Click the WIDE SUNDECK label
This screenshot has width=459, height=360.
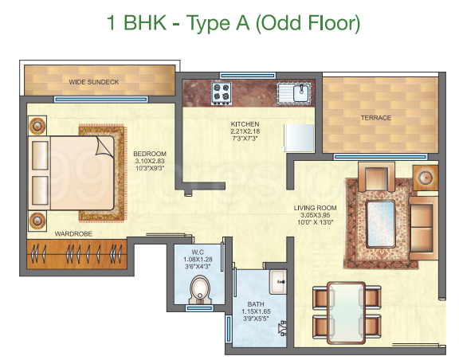coord(94,82)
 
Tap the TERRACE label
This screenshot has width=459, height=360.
coord(376,118)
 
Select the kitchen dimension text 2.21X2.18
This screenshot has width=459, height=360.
coord(245,131)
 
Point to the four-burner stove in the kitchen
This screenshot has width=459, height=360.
coord(222,94)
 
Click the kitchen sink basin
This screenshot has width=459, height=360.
coord(300,93)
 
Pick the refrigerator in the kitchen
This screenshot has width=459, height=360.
coord(299,138)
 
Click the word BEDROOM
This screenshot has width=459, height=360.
coord(150,154)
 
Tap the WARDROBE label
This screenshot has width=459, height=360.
coord(73,234)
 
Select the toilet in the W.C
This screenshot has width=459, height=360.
coord(200,290)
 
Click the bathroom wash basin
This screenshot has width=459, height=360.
coord(278,282)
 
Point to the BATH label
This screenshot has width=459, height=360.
coord(256,304)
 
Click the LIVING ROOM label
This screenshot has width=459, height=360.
coord(315,208)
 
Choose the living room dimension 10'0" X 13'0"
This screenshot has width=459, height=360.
coord(316,222)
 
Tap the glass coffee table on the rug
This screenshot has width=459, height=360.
coord(381,224)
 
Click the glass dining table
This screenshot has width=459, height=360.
coord(347,312)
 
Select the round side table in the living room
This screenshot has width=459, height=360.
coord(426,178)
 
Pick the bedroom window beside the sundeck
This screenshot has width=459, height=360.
coord(101,100)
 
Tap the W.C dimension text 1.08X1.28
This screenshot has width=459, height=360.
coord(198,260)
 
